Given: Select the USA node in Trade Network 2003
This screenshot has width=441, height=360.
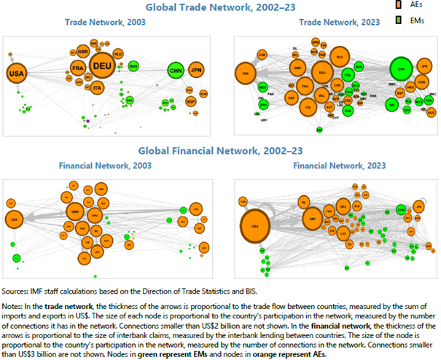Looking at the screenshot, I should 15,74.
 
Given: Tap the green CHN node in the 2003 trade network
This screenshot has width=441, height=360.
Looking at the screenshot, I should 175,71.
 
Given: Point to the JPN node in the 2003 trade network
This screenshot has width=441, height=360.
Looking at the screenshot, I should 195,71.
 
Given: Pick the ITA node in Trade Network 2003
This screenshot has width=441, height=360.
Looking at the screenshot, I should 98,87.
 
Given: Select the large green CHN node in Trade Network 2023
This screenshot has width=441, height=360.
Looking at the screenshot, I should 399,71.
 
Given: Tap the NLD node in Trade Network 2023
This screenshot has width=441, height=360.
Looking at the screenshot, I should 338,56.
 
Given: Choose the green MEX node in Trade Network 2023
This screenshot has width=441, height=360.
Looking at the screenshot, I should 262,86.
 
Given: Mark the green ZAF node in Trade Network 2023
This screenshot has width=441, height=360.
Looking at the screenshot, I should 319,129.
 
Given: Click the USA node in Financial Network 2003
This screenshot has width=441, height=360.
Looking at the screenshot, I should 14,219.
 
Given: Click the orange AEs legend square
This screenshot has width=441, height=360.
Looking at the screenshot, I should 399,6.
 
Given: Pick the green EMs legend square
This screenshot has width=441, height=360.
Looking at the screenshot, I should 399,20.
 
